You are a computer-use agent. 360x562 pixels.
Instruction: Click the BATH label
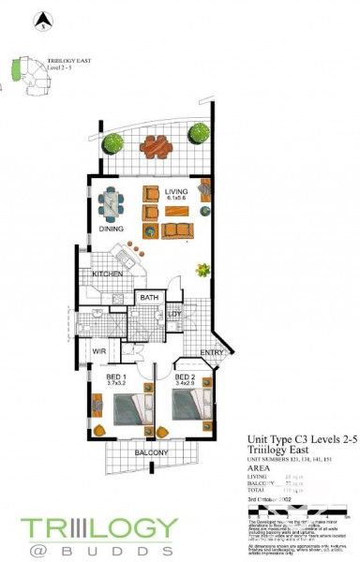pyautogui.click(x=148, y=299)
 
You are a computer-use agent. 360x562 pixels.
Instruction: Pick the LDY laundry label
pyautogui.click(x=175, y=314)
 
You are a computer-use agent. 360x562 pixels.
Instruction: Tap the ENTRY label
pyautogui.click(x=211, y=353)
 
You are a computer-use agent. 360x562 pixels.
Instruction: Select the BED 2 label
pyautogui.click(x=186, y=376)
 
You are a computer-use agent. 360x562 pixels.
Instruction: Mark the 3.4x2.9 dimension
pyautogui.click(x=186, y=384)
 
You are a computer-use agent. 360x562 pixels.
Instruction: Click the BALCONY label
pyautogui.click(x=151, y=453)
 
